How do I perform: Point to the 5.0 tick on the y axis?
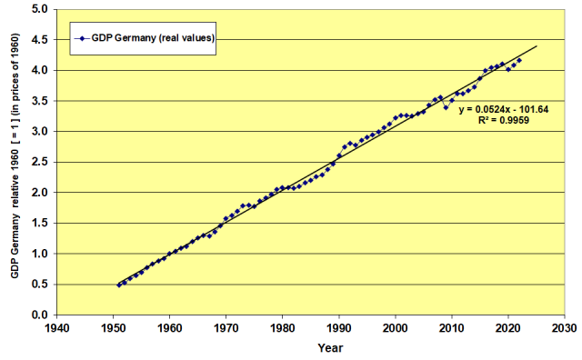(x=40, y=9)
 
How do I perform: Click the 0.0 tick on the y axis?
(x=40, y=315)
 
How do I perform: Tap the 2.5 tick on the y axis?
(x=40, y=162)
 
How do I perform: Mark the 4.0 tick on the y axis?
(x=40, y=70)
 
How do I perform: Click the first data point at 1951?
(x=119, y=285)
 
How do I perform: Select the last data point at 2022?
(x=519, y=61)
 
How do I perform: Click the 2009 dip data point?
(x=446, y=107)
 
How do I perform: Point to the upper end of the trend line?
(x=537, y=46)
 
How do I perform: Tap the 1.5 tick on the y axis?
(x=40, y=223)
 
